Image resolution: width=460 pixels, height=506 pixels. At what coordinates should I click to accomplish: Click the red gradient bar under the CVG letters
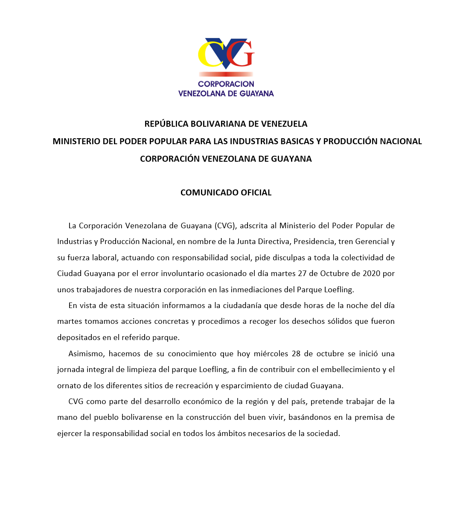click(226, 74)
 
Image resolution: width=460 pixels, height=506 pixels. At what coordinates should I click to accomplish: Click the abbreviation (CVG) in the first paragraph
click(225, 226)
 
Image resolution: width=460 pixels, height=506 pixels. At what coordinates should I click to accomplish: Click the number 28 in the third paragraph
click(297, 354)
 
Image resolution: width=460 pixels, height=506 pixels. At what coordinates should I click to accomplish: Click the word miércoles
click(271, 354)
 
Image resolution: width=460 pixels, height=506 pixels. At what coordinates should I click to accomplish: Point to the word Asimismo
click(86, 354)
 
